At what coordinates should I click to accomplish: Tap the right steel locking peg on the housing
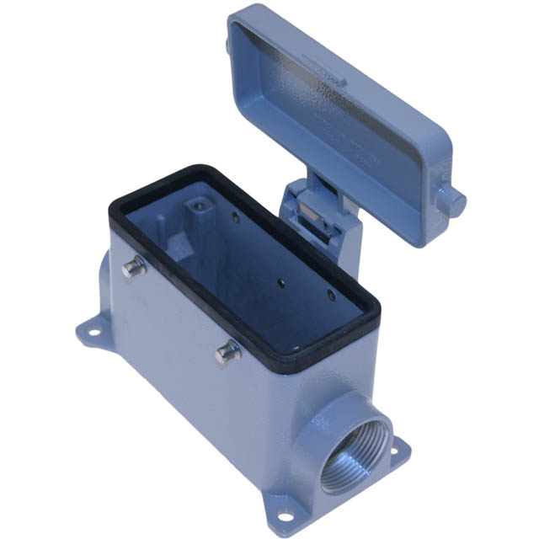click(226, 353)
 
